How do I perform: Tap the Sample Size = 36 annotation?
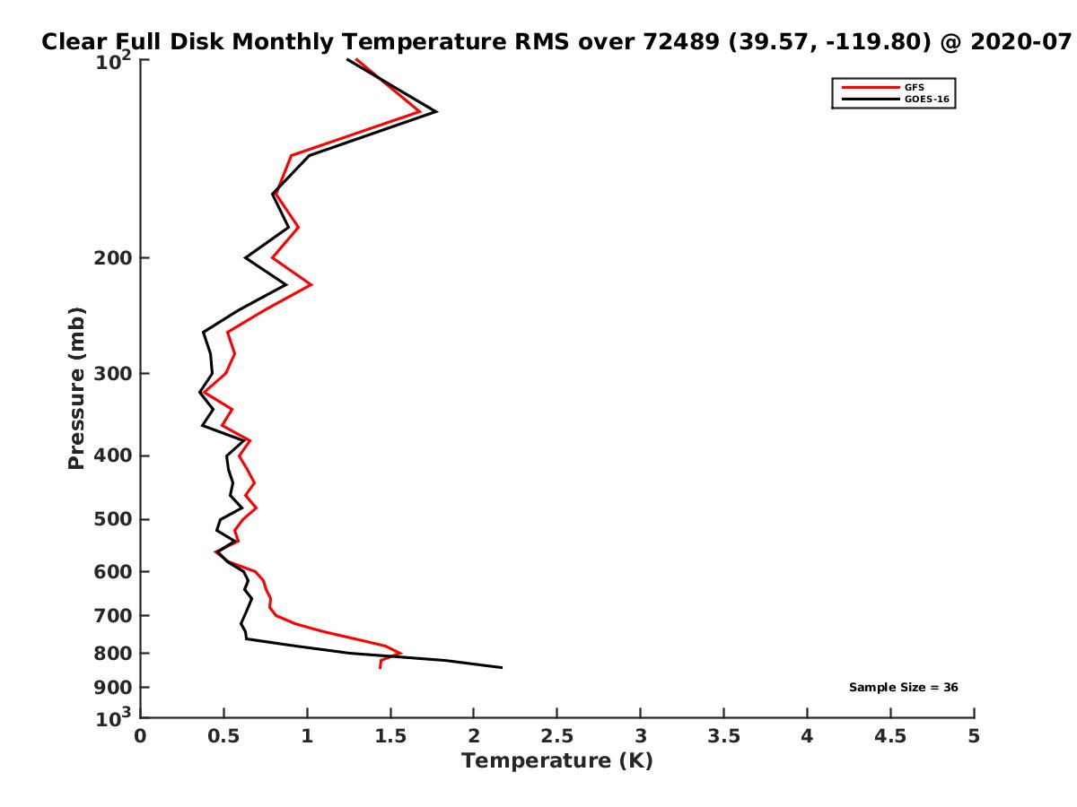903,688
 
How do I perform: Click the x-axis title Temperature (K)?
556,761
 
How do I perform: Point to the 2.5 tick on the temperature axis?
556,737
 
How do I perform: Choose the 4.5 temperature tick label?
890,737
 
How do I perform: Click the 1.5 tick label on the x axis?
390,737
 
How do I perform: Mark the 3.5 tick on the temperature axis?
723,737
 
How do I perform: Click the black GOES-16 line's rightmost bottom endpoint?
501,667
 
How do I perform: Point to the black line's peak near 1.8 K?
436,112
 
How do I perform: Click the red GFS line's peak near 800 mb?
401,654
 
